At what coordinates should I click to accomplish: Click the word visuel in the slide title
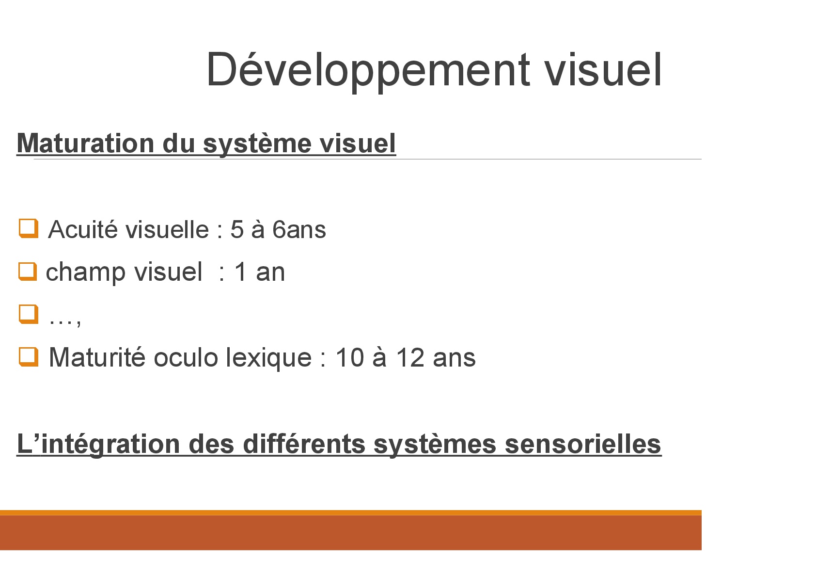(603, 70)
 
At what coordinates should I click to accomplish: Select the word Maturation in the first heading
(86, 143)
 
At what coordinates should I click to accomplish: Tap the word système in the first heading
(257, 144)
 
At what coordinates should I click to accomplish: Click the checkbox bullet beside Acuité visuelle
(29, 228)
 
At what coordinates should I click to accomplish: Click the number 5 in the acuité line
(237, 230)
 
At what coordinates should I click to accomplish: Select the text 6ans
(299, 230)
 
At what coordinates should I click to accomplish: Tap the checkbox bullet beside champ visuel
(28, 272)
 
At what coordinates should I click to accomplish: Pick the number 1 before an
(240, 272)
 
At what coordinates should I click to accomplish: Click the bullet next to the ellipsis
(29, 314)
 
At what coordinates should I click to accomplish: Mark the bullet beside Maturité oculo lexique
(29, 356)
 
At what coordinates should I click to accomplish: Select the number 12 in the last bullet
(410, 357)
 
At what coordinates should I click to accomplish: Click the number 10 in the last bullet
(350, 357)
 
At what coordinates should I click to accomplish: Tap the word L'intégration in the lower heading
(99, 444)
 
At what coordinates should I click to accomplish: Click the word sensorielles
(583, 444)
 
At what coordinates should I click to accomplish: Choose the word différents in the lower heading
(304, 444)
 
